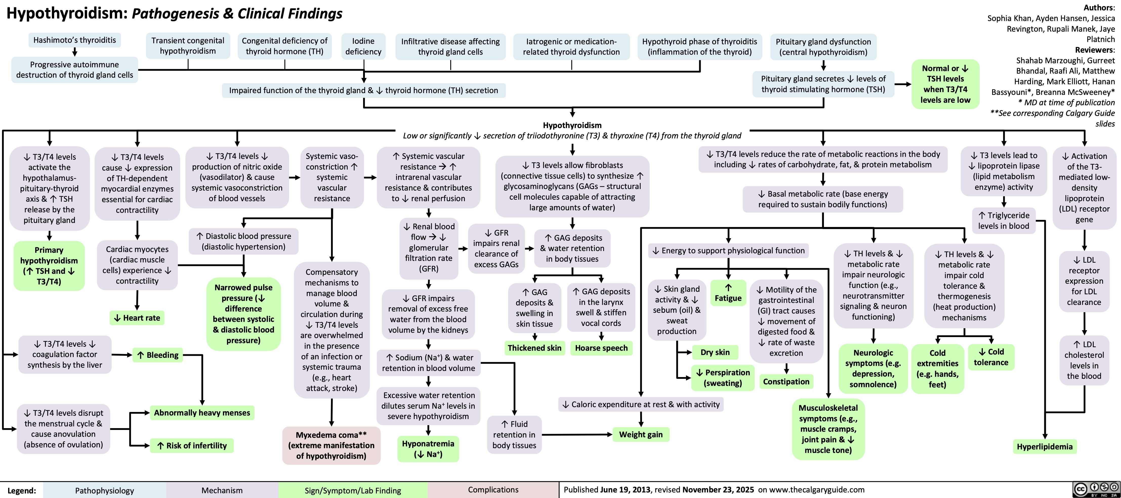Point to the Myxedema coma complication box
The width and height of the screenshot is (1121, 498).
click(x=331, y=445)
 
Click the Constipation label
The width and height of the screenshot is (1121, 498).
click(x=786, y=382)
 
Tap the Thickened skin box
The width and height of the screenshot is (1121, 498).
click(x=534, y=348)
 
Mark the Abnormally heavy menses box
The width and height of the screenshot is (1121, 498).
click(x=202, y=413)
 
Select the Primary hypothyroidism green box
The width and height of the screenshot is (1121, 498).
click(x=49, y=265)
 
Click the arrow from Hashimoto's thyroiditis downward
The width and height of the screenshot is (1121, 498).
click(x=75, y=52)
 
